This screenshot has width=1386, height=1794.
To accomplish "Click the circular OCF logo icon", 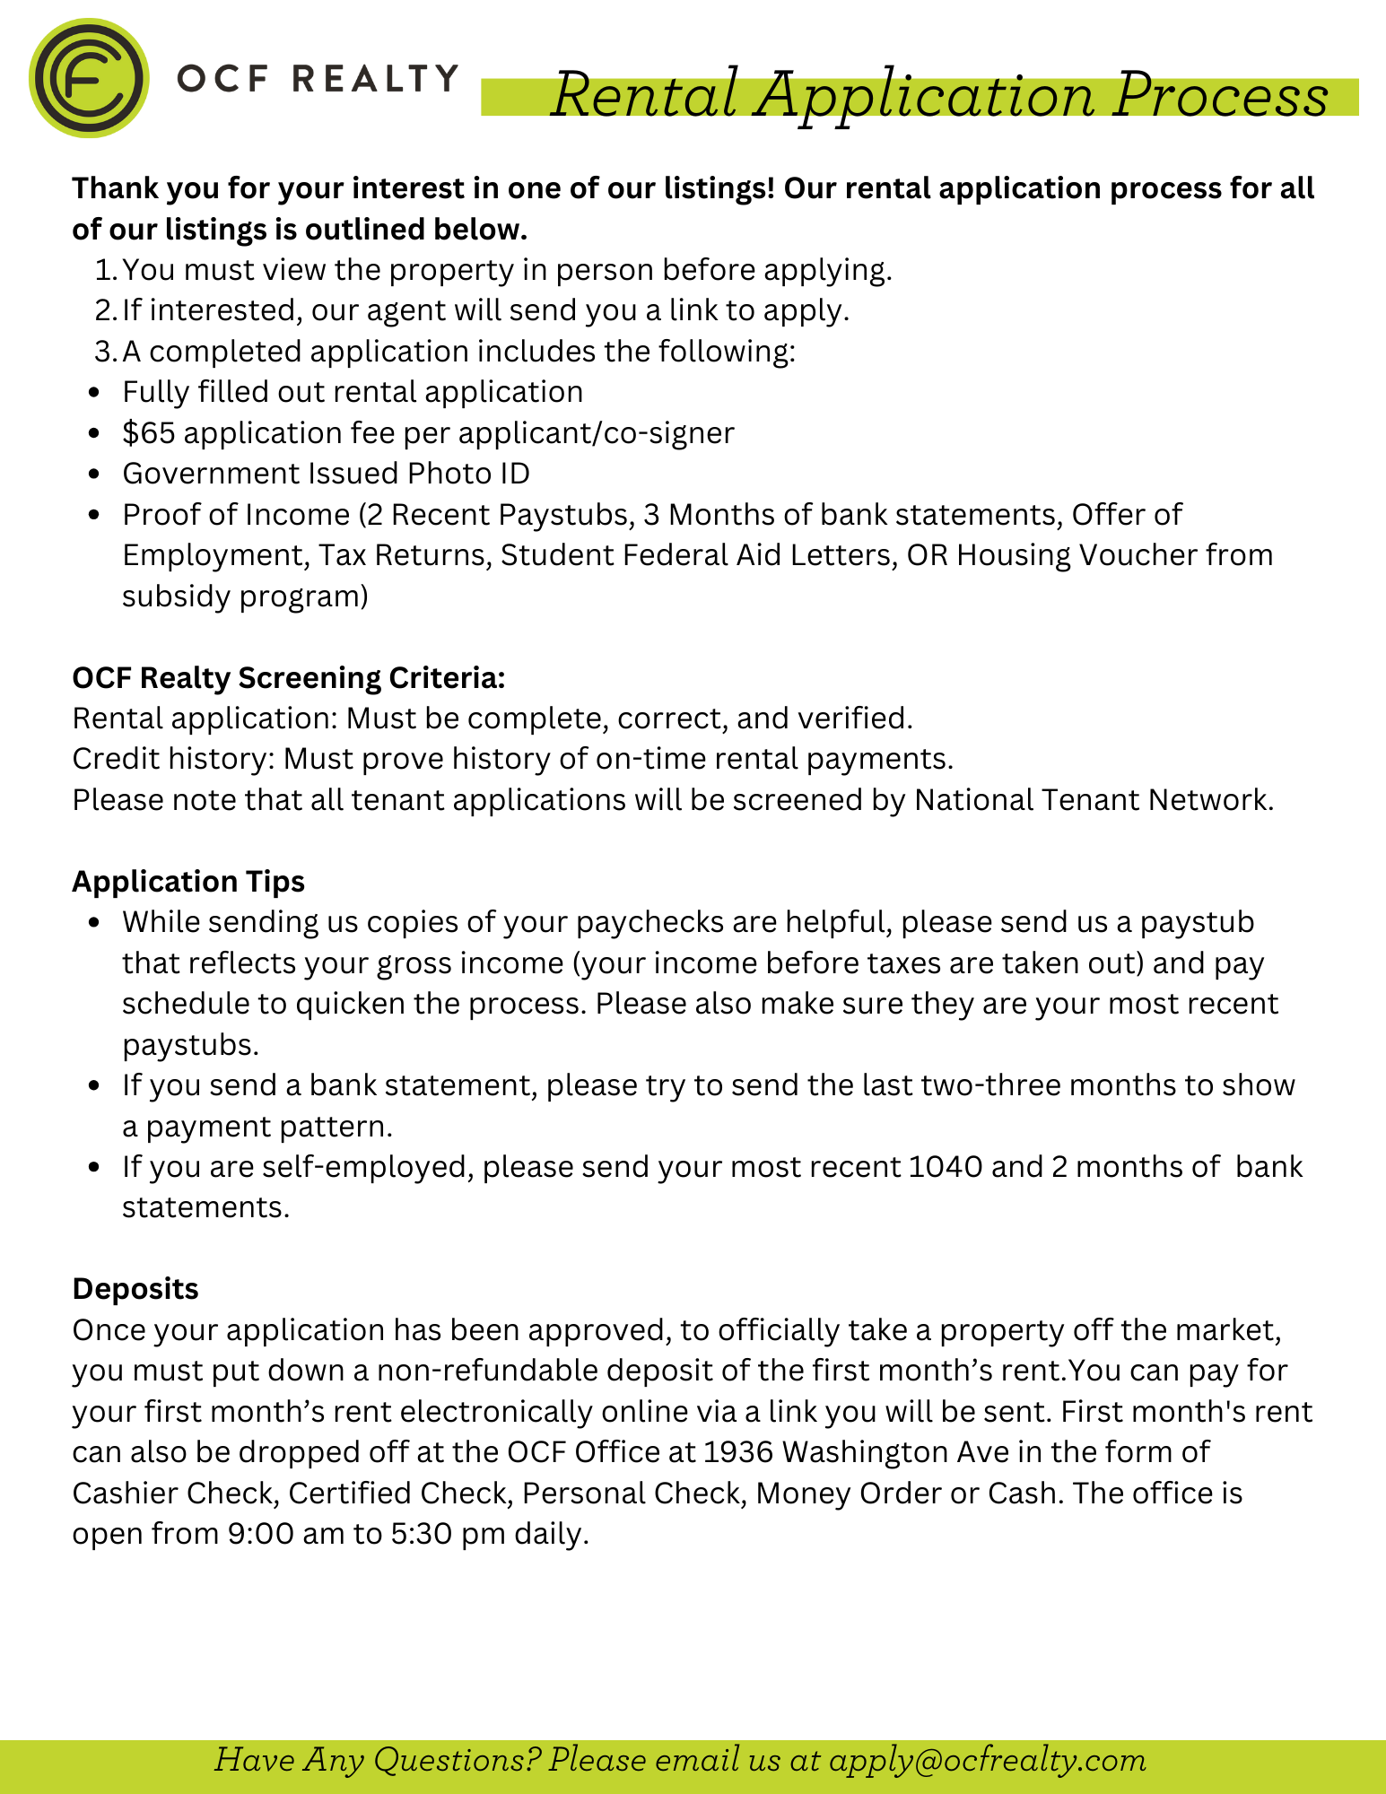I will tap(88, 78).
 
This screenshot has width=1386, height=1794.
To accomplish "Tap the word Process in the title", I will tap(1220, 95).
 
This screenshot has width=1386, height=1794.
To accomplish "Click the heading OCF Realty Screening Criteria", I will tap(289, 678).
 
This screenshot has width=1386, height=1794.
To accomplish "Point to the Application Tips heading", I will tap(188, 882).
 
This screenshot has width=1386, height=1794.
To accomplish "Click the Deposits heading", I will tap(135, 1289).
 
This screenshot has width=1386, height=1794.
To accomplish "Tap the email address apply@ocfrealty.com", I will tap(988, 1760).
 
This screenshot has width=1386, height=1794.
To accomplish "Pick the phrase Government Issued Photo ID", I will tap(326, 474).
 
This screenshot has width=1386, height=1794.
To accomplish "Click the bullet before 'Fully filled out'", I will tap(94, 393).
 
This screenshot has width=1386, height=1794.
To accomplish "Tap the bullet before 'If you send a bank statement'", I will tap(94, 1086).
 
